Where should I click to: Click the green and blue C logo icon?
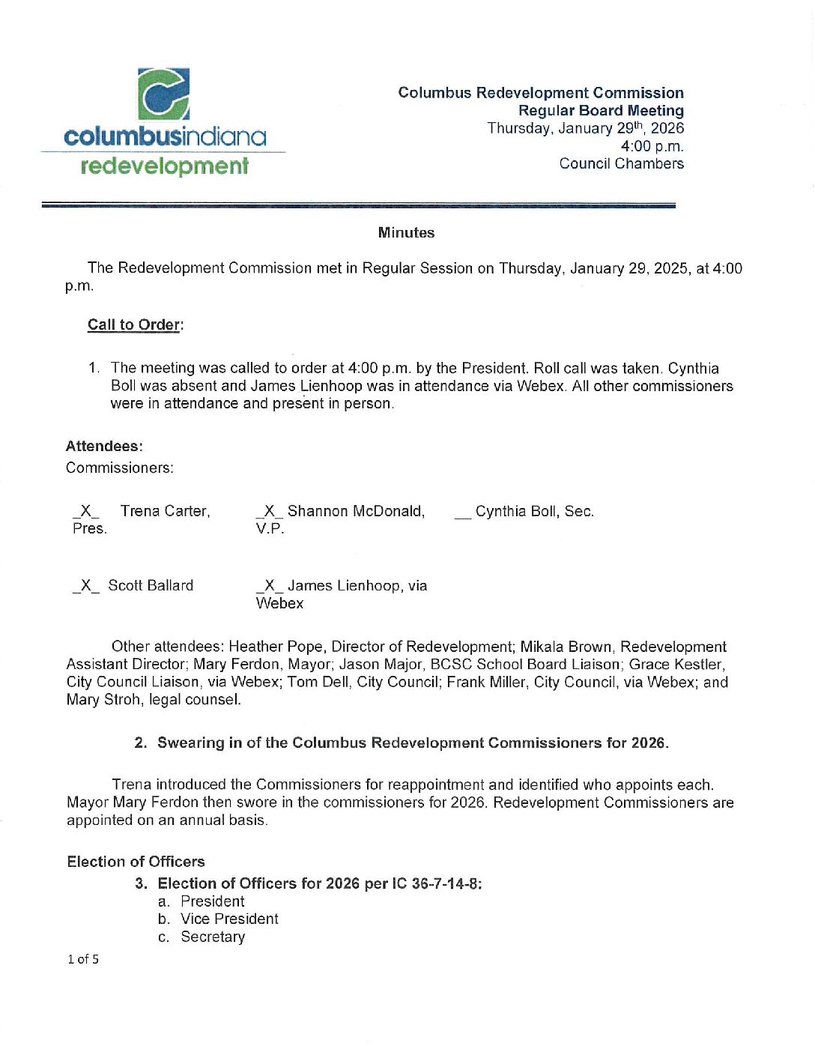pyautogui.click(x=163, y=94)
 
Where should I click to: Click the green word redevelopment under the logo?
pyautogui.click(x=164, y=166)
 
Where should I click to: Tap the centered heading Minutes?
pyautogui.click(x=406, y=233)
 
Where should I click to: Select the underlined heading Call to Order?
pyautogui.click(x=134, y=324)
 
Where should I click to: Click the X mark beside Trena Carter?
pyautogui.click(x=85, y=511)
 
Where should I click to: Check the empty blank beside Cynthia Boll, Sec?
pyautogui.click(x=462, y=513)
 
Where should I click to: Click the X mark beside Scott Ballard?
pyautogui.click(x=85, y=585)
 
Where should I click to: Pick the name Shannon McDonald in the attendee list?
pyautogui.click(x=356, y=511)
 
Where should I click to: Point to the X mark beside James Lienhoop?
pyautogui.click(x=269, y=585)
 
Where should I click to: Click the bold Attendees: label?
pyautogui.click(x=104, y=447)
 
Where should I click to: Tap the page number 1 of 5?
pyautogui.click(x=83, y=959)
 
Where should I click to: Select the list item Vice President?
pyautogui.click(x=229, y=919)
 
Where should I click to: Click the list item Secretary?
pyautogui.click(x=213, y=937)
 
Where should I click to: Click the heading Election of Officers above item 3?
pyautogui.click(x=136, y=862)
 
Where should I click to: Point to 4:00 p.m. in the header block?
pyautogui.click(x=652, y=146)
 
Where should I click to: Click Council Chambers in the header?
pyautogui.click(x=621, y=163)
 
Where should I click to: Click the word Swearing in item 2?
pyautogui.click(x=190, y=743)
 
